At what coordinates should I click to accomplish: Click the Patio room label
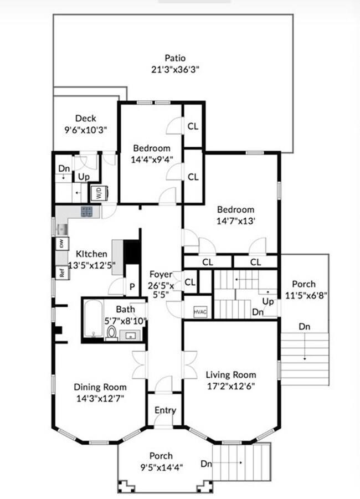tap(174, 58)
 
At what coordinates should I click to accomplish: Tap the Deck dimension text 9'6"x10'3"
tap(86, 129)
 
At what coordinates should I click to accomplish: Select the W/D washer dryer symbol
tap(100, 193)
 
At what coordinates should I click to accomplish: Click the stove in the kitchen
tap(88, 211)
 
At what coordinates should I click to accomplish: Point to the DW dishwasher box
tap(61, 243)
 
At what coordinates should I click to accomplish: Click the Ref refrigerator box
tap(61, 272)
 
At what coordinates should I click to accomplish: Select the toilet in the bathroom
tap(111, 333)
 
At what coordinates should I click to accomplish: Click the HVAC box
tap(200, 312)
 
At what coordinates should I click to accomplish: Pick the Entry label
tap(165, 410)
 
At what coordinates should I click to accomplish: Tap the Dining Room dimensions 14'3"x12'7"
tap(100, 397)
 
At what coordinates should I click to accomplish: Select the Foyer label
tap(161, 274)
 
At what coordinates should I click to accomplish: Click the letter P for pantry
tap(132, 286)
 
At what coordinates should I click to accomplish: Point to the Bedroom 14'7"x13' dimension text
tap(235, 219)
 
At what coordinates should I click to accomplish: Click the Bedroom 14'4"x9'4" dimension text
tap(151, 158)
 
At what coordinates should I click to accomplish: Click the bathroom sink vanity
tap(132, 335)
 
